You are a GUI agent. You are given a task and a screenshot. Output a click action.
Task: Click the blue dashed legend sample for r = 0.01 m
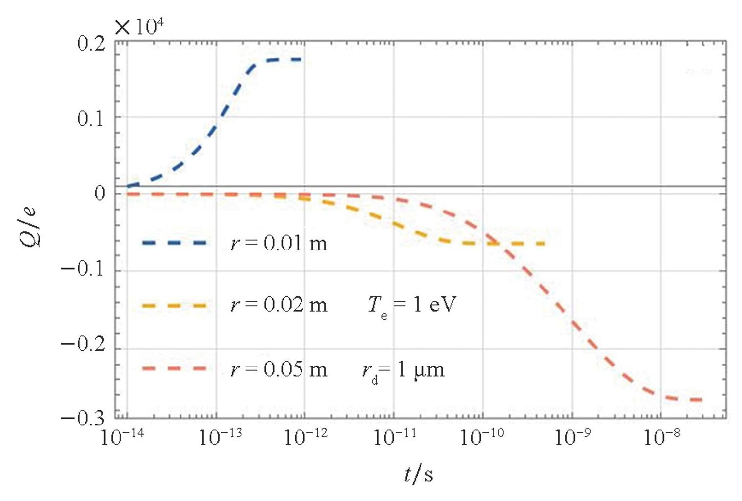174,243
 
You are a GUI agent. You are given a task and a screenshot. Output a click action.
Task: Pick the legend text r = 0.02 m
279,305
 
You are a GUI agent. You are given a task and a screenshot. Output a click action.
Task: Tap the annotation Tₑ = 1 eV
412,306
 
